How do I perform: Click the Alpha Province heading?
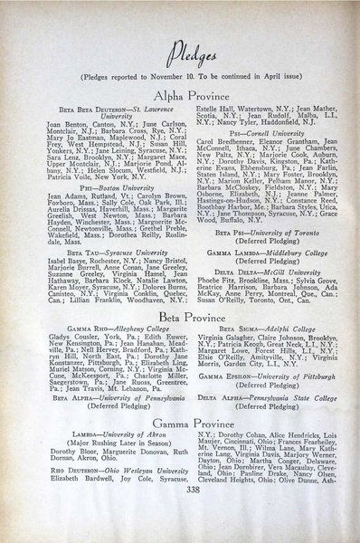180,95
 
